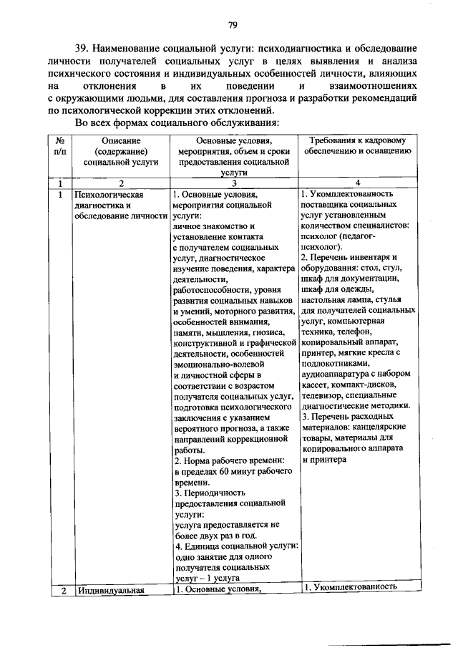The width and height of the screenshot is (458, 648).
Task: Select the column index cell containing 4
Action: (359, 183)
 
